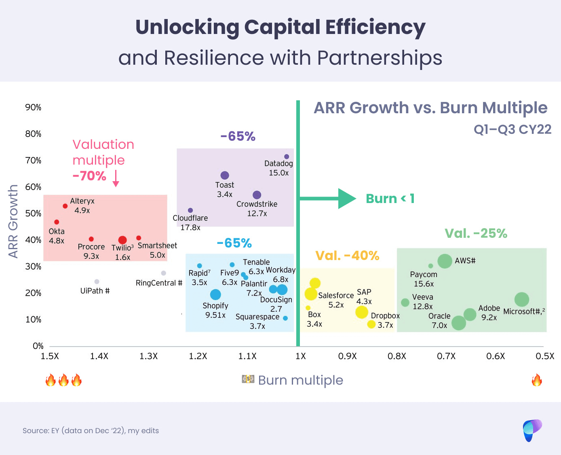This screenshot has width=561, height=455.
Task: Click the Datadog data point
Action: click(287, 157)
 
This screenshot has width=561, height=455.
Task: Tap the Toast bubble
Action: click(225, 175)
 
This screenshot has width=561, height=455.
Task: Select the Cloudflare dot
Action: click(190, 210)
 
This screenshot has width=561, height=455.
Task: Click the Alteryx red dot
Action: click(65, 206)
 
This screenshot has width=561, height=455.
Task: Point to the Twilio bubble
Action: click(122, 240)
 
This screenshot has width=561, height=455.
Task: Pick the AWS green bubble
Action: click(445, 261)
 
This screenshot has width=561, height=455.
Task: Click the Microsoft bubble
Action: click(522, 300)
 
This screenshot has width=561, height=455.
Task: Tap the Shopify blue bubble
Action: click(215, 294)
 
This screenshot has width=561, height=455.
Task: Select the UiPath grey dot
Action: click(97, 281)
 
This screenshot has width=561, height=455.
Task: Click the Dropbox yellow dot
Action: click(371, 324)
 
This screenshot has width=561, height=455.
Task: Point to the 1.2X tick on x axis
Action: click(198, 356)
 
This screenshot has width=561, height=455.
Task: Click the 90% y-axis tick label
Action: click(33, 107)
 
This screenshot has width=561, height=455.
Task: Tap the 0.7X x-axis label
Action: click(446, 356)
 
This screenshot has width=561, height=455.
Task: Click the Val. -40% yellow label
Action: click(347, 256)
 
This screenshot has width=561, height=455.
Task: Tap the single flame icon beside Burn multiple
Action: click(537, 380)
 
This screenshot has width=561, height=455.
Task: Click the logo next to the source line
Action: click(532, 430)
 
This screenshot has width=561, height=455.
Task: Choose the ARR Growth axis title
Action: click(13, 221)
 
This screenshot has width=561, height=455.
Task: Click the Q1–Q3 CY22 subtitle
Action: click(512, 129)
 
